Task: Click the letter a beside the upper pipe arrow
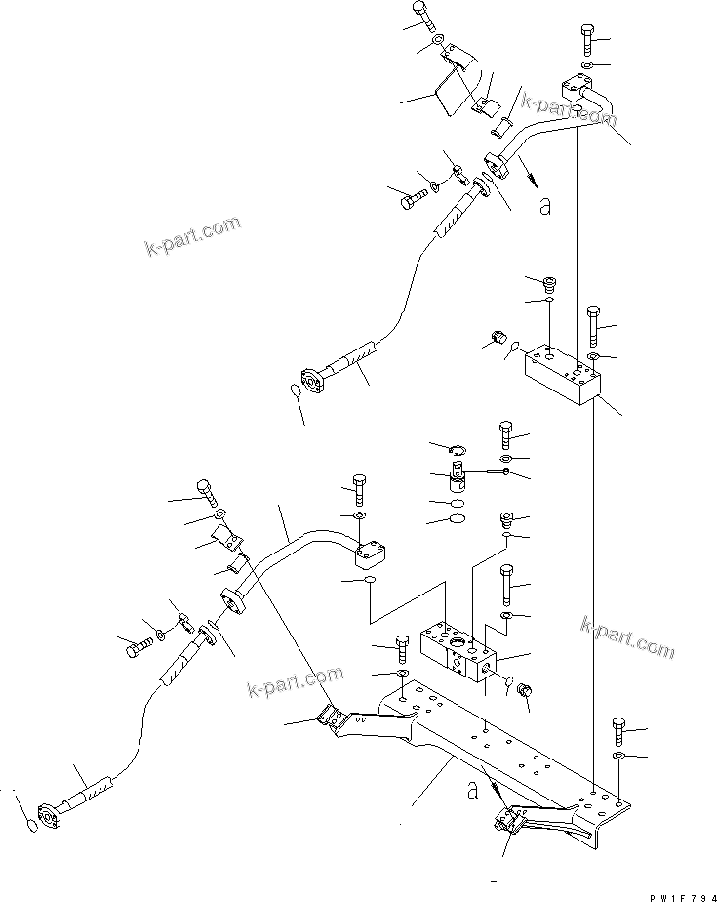(544, 205)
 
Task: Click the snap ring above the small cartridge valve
(457, 449)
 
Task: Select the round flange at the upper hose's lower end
(313, 381)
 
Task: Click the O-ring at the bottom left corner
(32, 828)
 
